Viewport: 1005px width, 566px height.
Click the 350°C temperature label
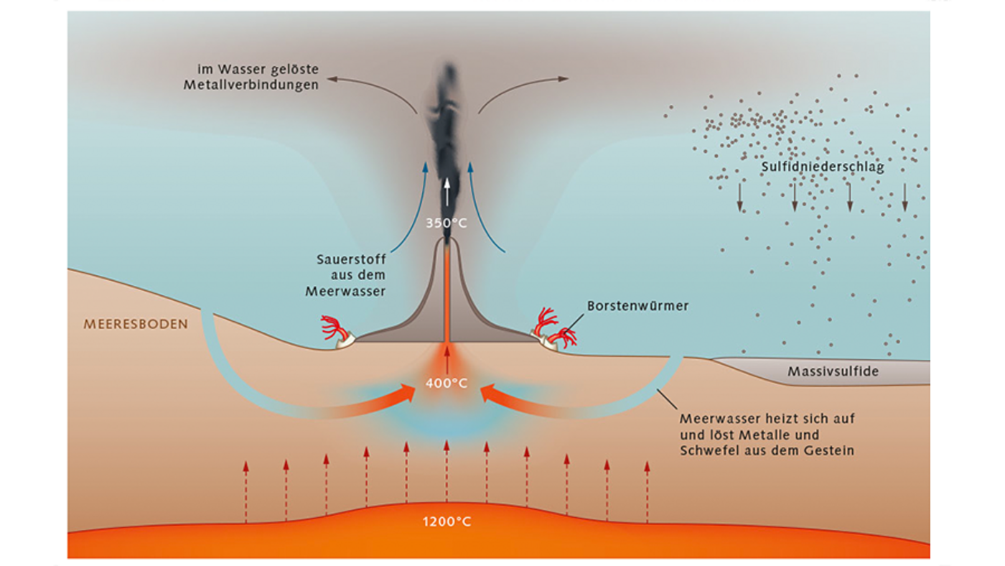coord(447,223)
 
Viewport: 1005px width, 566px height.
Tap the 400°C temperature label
coord(447,384)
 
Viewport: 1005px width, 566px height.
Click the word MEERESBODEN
coord(136,324)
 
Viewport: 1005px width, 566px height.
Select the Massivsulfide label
coord(833,372)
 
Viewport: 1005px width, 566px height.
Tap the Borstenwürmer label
coord(637,306)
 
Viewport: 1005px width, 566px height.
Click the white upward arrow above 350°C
coord(447,192)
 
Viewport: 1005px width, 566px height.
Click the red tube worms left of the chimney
coord(335,328)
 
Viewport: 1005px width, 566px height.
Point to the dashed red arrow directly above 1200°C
coord(447,470)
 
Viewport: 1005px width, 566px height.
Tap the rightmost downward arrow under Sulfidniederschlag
coord(904,197)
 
